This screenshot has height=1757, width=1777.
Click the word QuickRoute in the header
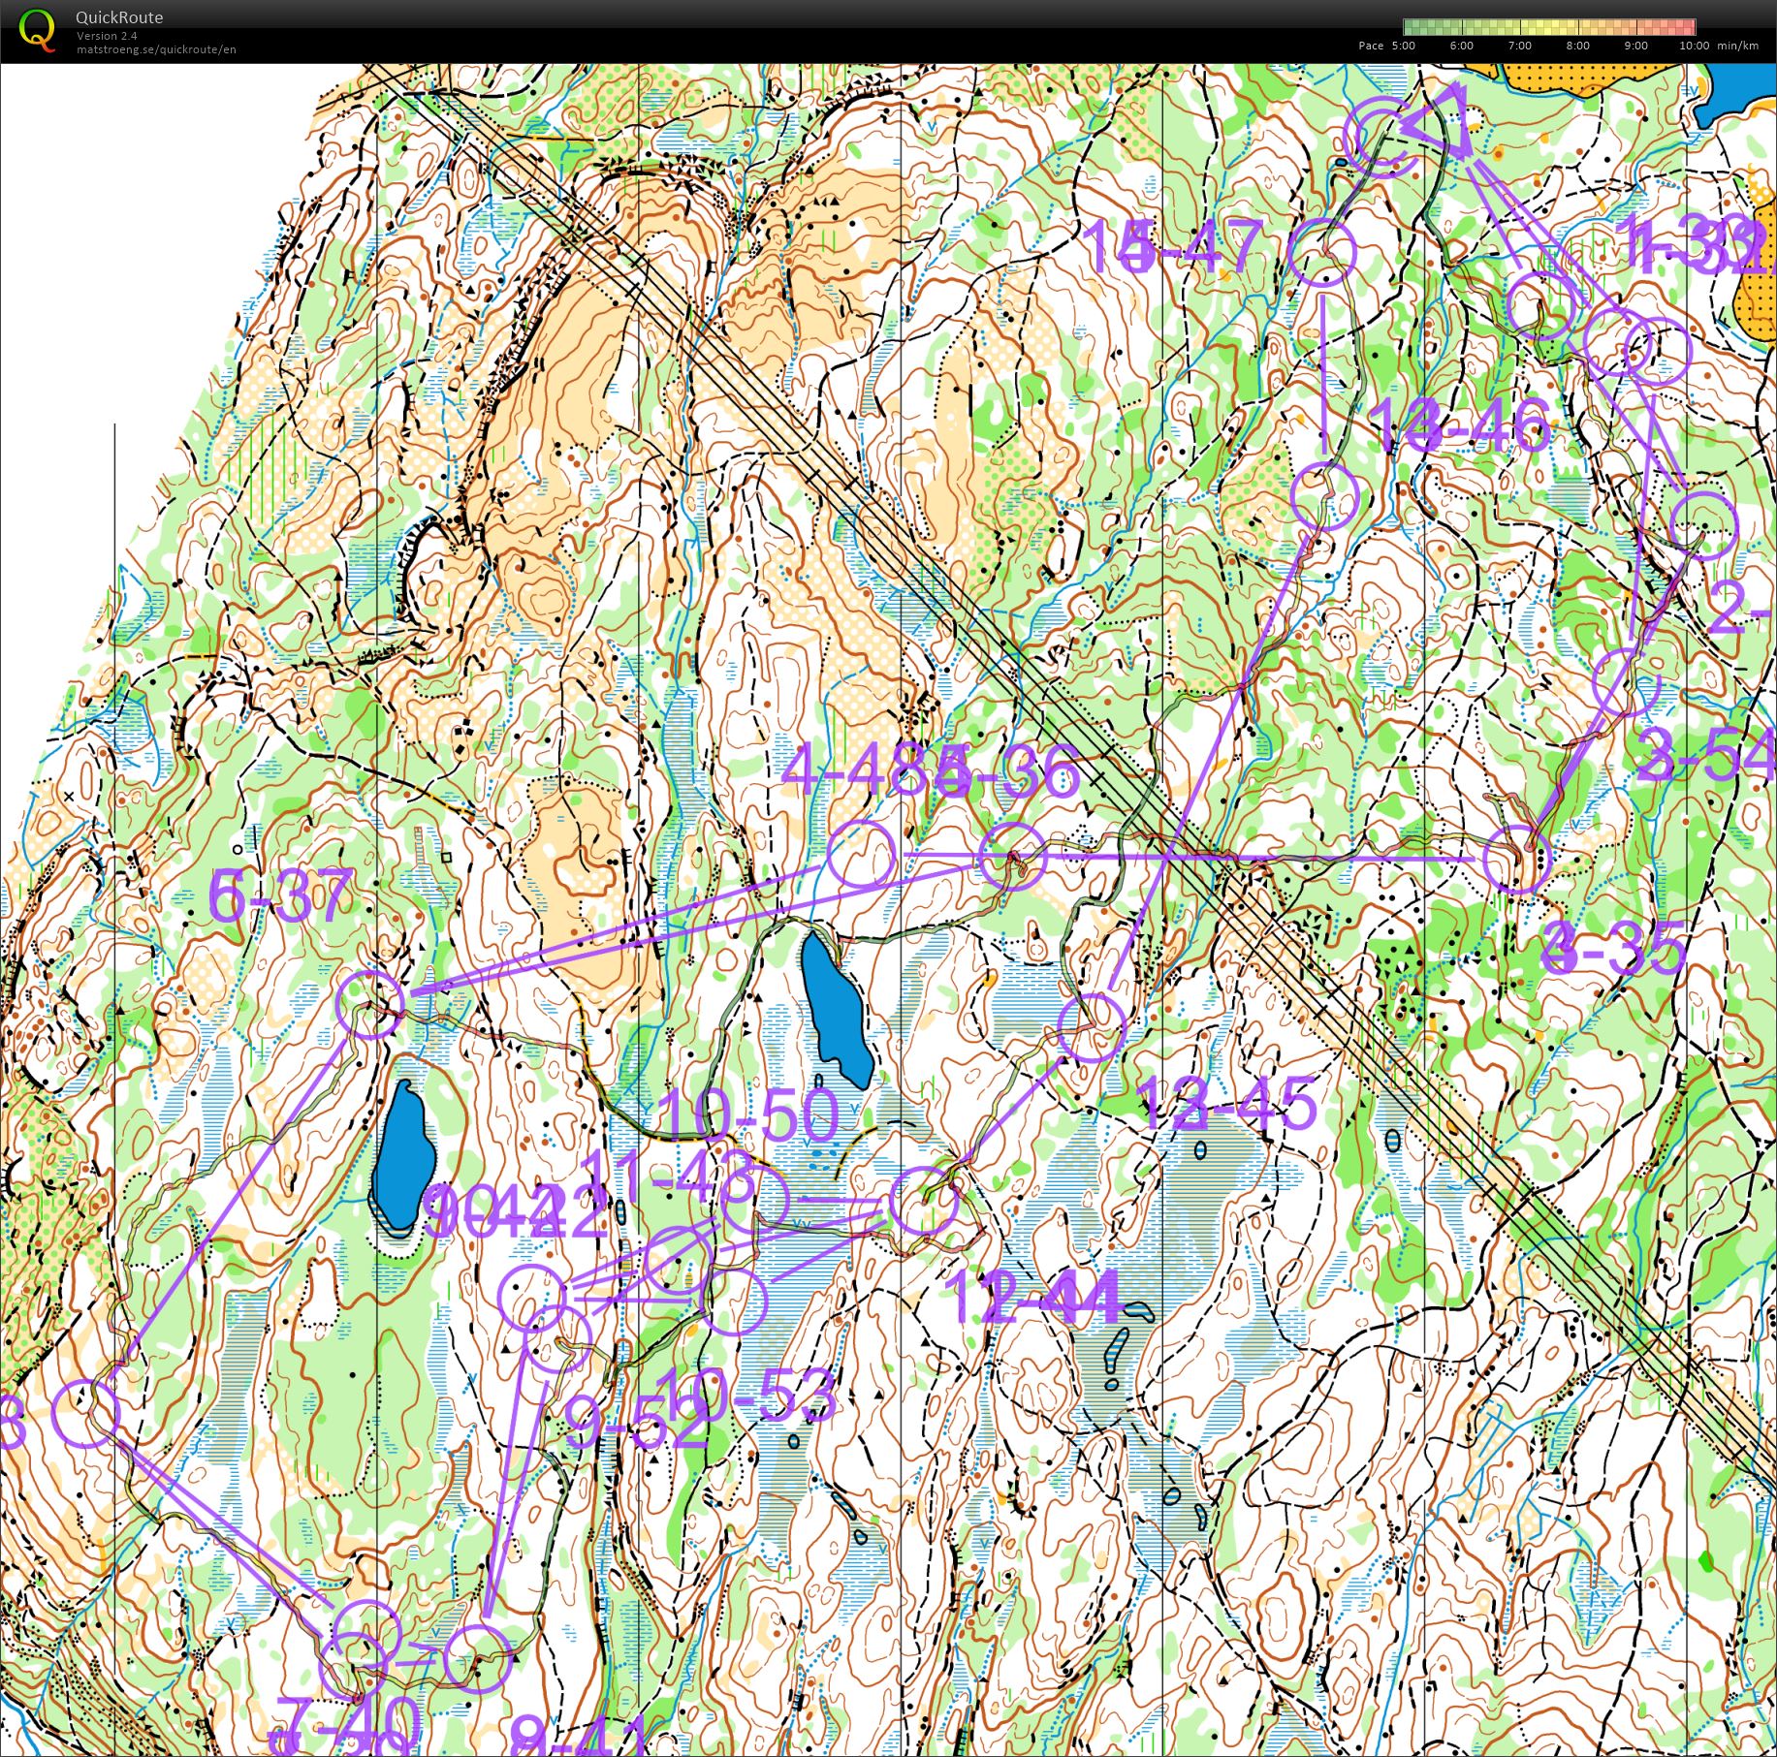click(x=119, y=17)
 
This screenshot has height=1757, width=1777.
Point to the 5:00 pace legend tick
click(x=1403, y=46)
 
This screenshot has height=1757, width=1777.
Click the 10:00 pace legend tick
click(x=1694, y=46)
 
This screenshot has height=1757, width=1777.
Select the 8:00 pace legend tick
click(x=1577, y=46)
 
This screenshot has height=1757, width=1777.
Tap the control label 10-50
click(x=747, y=1114)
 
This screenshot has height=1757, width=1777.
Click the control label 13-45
click(x=1225, y=1104)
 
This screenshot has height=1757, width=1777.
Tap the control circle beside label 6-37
click(x=369, y=1005)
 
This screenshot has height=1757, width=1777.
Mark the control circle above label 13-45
click(x=1092, y=1027)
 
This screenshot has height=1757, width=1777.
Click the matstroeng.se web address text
click(x=156, y=49)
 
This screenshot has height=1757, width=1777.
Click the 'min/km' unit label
click(x=1737, y=46)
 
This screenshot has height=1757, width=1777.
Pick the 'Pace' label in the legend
click(x=1371, y=46)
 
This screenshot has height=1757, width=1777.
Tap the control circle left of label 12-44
click(x=923, y=1202)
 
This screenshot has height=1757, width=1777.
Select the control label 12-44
click(x=1037, y=1297)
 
